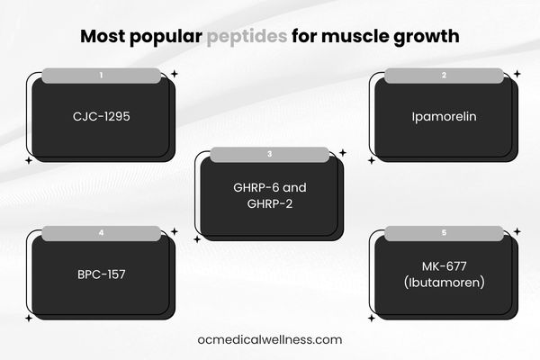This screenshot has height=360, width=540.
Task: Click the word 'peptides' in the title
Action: point(247,38)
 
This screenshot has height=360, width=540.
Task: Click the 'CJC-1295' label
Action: point(101,116)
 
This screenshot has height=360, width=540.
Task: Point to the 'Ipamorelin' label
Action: point(443,116)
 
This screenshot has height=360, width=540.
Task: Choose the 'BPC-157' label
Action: point(101,274)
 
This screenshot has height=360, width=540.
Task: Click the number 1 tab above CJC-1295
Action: point(101,76)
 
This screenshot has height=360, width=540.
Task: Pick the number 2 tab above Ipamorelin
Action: point(443,76)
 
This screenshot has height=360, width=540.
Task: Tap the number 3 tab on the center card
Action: point(270,155)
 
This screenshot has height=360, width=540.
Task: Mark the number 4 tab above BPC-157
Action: point(101,233)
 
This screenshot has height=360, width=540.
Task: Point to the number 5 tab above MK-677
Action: point(443,233)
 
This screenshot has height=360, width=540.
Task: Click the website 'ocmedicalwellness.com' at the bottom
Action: point(270,339)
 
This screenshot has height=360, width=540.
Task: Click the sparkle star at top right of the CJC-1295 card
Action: point(175,74)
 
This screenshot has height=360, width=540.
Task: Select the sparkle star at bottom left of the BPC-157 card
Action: point(29,318)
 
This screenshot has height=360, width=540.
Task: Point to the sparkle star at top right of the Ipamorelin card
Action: point(517,74)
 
